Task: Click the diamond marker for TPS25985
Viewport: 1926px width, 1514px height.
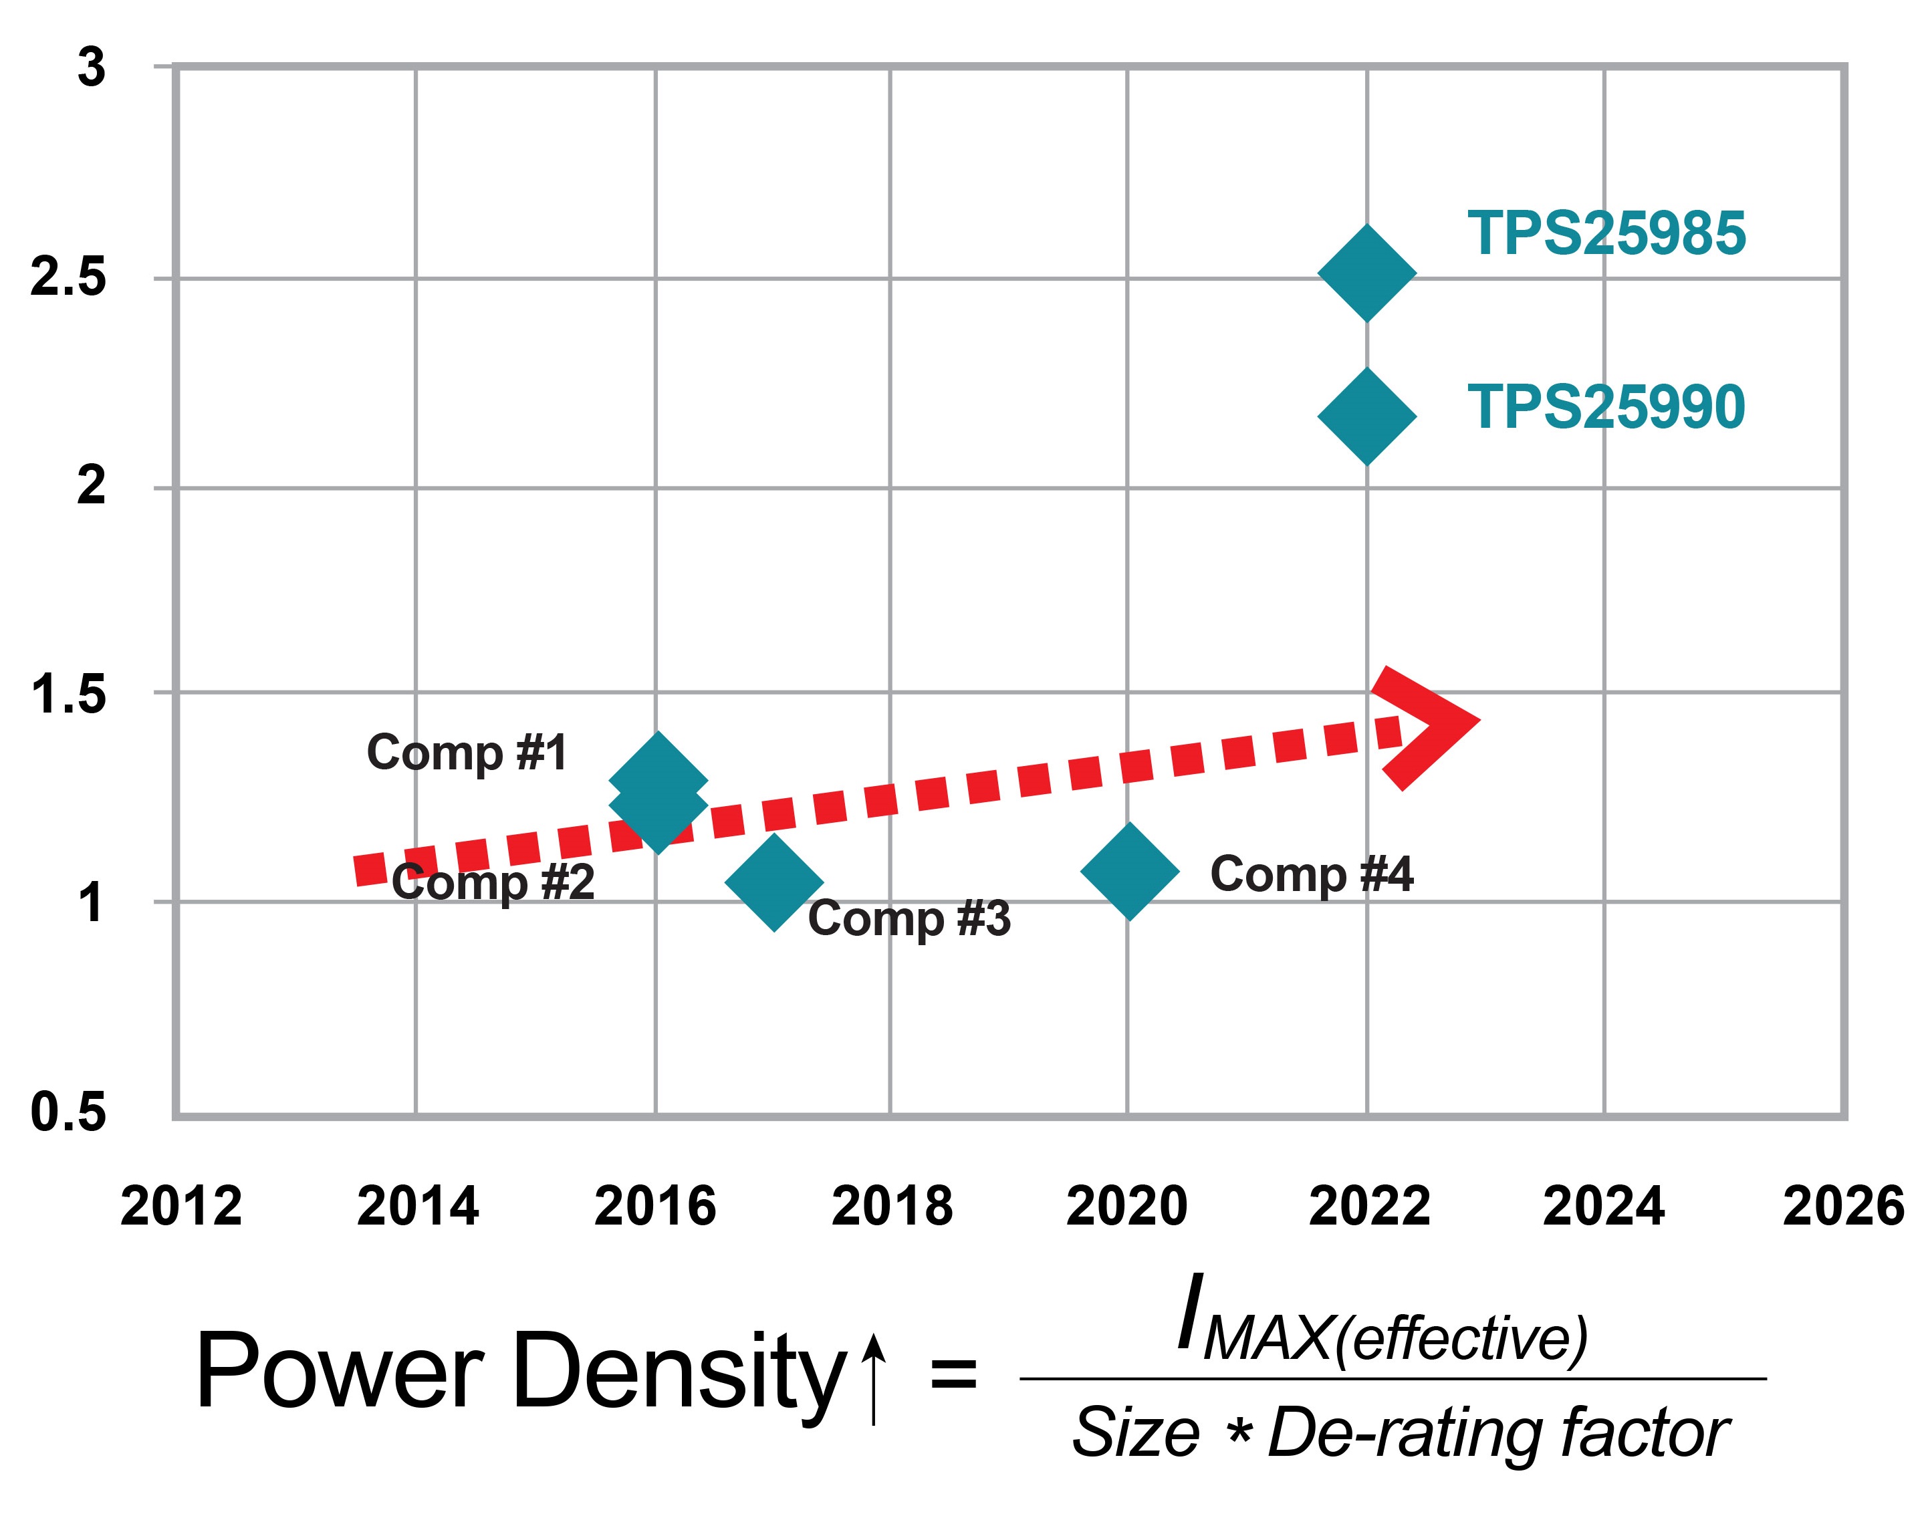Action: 1366,273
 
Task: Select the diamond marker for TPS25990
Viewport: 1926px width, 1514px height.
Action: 1366,416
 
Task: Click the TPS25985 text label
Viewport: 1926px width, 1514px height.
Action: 1605,234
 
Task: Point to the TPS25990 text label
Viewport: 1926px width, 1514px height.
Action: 1605,408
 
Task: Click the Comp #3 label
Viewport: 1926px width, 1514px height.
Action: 909,918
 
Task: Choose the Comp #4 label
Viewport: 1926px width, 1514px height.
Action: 1311,874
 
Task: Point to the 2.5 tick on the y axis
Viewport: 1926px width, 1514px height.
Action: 68,277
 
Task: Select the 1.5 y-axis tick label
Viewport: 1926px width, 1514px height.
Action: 68,694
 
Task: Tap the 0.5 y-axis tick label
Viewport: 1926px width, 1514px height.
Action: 68,1112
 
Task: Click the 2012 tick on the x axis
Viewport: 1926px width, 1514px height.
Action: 180,1207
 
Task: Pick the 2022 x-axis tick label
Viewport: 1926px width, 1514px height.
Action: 1368,1207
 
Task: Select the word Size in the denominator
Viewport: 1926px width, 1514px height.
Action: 1135,1433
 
